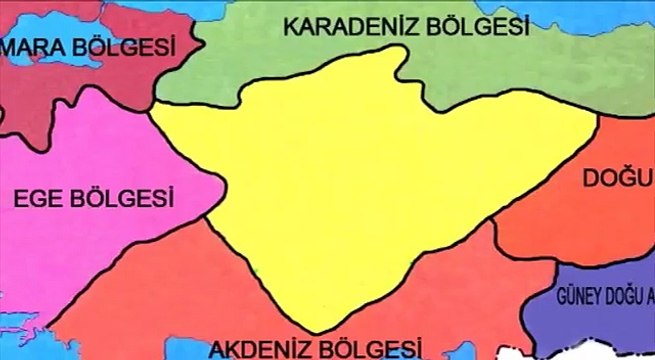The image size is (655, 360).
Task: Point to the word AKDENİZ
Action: click(x=259, y=348)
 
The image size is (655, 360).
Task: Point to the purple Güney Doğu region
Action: click(x=600, y=320)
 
